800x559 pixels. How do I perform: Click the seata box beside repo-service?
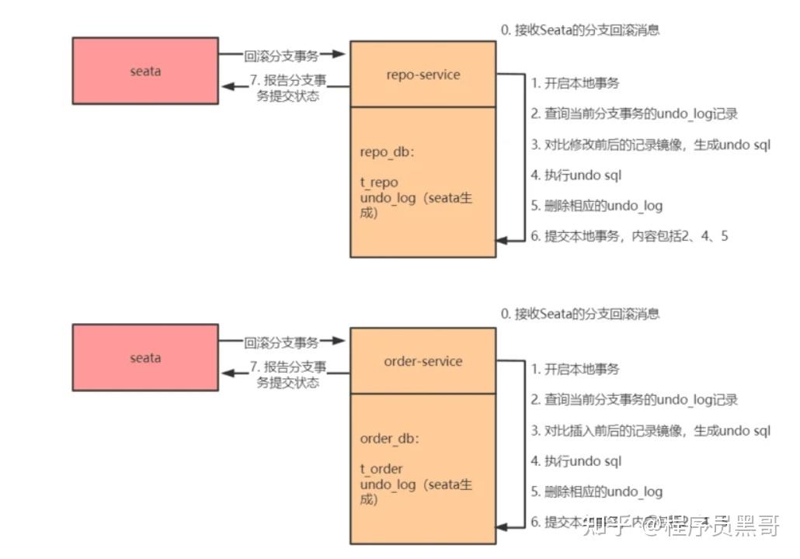coord(145,71)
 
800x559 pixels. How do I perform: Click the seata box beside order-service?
coord(145,357)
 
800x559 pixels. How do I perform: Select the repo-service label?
coord(423,75)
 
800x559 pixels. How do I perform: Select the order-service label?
coord(423,361)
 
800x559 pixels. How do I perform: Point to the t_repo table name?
coord(379,182)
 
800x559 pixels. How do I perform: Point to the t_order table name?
coord(381,469)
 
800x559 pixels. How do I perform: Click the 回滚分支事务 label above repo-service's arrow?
coord(281,54)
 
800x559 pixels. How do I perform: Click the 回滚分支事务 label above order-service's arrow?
coord(281,342)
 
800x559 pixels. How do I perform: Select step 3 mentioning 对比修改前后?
coord(650,144)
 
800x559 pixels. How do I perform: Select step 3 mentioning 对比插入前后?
coord(650,431)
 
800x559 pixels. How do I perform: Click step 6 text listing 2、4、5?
coord(629,236)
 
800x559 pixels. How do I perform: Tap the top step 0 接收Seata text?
coord(580,30)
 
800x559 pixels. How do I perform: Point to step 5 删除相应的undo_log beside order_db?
coord(597,491)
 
